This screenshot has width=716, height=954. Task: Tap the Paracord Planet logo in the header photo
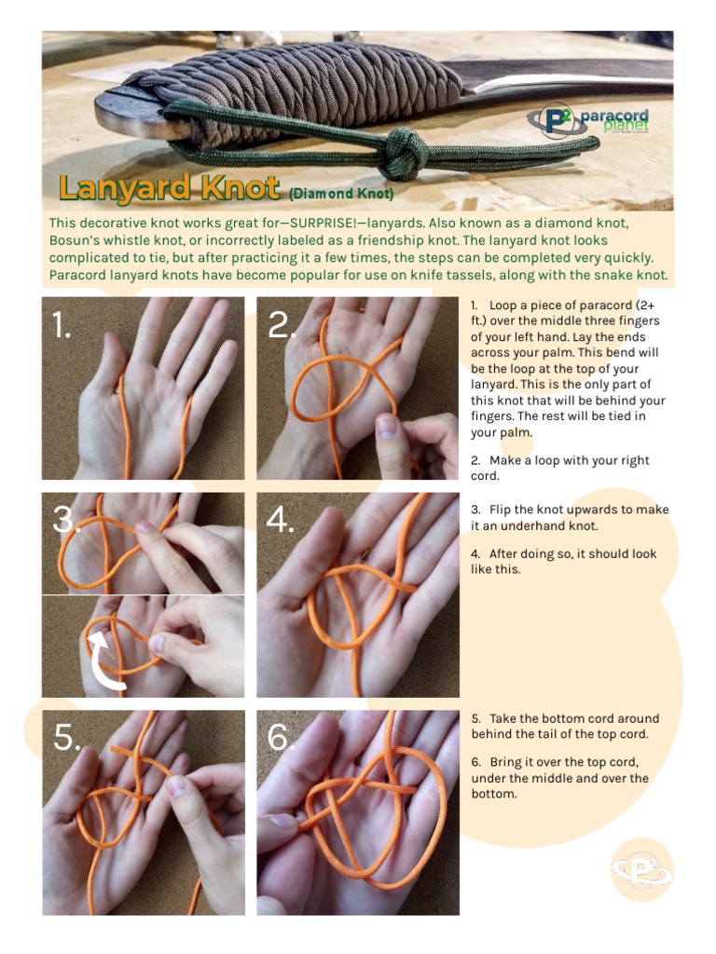(x=588, y=120)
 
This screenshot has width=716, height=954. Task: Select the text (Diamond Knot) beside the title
(x=341, y=194)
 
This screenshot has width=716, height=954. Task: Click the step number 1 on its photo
(x=61, y=325)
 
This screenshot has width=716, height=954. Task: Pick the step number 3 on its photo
(x=64, y=519)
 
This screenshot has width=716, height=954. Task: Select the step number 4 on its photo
(x=280, y=520)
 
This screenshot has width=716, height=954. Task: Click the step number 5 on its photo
(x=66, y=738)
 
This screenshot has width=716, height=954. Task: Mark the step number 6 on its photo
(x=281, y=738)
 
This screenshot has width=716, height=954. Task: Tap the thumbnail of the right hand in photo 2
(x=387, y=426)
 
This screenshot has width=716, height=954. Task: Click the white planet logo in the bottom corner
(x=642, y=869)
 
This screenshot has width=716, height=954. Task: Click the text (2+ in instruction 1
(x=645, y=306)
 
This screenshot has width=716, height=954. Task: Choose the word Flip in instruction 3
(x=501, y=510)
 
